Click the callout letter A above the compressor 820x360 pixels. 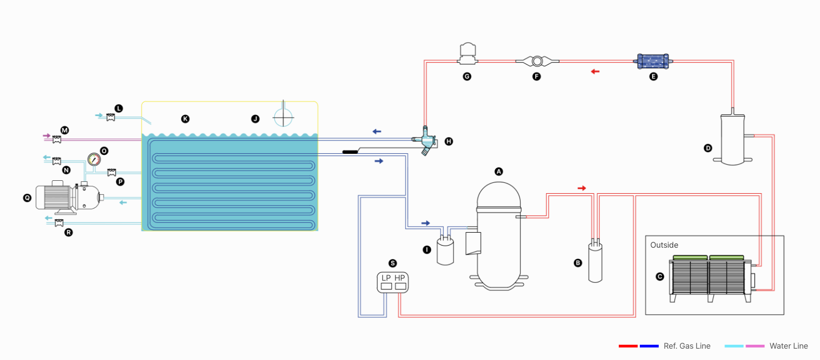(x=498, y=172)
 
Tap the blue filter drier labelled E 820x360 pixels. (x=653, y=62)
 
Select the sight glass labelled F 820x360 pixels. (x=537, y=61)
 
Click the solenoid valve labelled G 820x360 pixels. (x=468, y=53)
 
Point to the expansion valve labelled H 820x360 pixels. (x=425, y=141)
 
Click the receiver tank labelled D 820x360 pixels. (x=733, y=138)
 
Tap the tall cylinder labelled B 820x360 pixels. (x=595, y=260)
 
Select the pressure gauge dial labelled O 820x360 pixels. (x=94, y=159)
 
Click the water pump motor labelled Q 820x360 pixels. (x=69, y=198)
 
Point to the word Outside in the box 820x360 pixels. (x=664, y=245)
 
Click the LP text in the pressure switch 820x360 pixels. (x=386, y=278)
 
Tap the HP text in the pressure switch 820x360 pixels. (x=400, y=278)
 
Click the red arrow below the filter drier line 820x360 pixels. (x=595, y=71)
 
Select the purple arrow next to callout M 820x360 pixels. (x=46, y=136)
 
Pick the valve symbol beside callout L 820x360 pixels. (x=111, y=118)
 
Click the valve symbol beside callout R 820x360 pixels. (x=59, y=223)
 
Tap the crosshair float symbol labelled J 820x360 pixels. (x=283, y=117)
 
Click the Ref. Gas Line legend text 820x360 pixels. (x=687, y=346)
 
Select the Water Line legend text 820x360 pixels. (x=789, y=346)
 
